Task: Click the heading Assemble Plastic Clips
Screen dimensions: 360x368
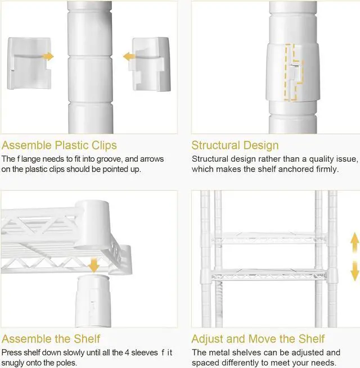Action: pos(59,146)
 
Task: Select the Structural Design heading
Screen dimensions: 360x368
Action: pos(235,146)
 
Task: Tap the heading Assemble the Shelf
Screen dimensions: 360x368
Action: pos(51,339)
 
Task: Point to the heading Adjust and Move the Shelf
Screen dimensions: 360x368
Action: pos(258,339)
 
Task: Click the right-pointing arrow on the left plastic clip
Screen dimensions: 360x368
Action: pos(48,57)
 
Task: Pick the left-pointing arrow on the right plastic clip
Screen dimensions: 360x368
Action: pos(129,57)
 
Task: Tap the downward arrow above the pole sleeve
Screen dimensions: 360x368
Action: pos(94,265)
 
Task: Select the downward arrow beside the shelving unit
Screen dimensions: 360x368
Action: pos(354,271)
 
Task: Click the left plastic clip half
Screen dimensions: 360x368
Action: pos(29,63)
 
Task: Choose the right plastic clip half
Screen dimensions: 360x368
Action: pos(150,64)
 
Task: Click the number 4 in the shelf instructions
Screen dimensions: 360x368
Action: pos(127,352)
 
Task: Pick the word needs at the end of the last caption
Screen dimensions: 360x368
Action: pos(323,363)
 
